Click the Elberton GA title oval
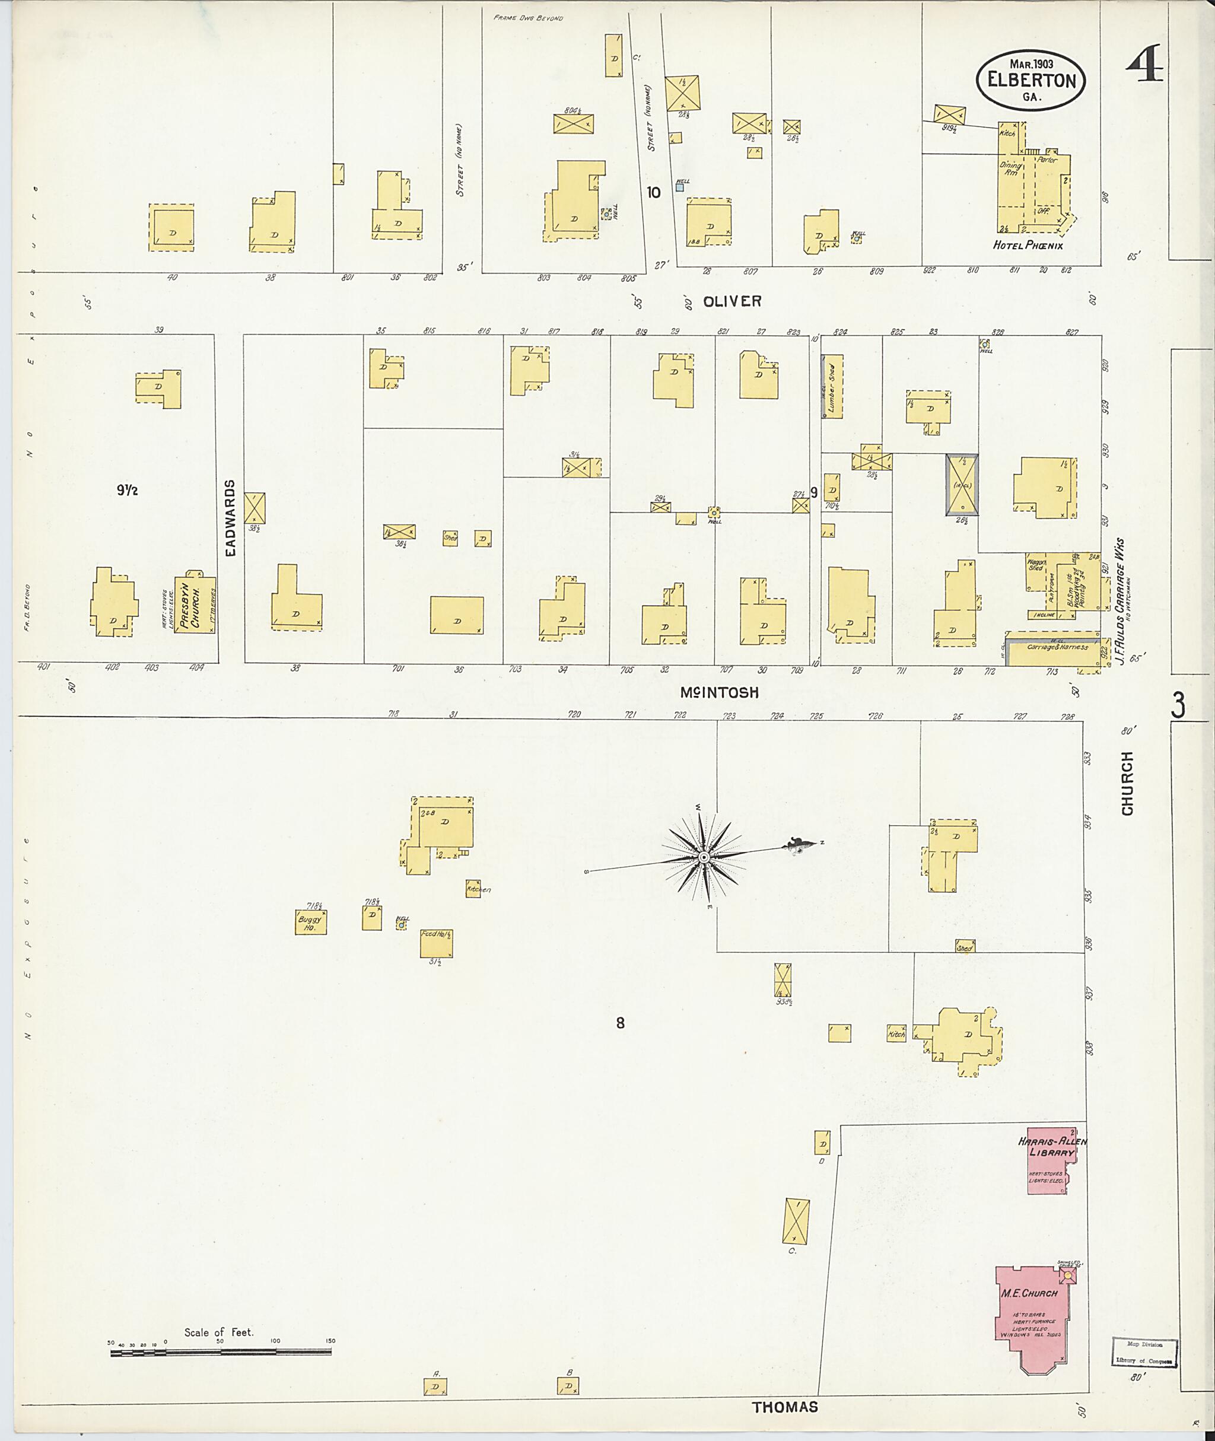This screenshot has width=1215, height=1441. coord(1031,80)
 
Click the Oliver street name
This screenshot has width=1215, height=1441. coord(731,301)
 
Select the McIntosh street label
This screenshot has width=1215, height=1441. coord(719,693)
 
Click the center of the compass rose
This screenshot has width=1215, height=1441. coord(703,858)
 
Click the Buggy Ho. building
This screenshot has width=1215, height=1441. coord(311,923)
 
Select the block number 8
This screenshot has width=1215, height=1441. coord(620,1023)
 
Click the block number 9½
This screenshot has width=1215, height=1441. coord(128,491)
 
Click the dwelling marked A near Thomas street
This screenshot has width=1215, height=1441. coord(436,1386)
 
